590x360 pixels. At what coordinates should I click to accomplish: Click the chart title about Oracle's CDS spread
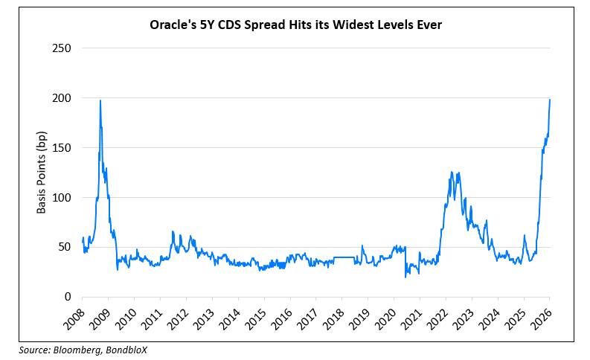click(x=295, y=25)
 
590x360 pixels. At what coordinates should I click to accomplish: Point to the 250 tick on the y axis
click(x=61, y=48)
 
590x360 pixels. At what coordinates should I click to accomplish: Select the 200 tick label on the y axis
click(x=61, y=98)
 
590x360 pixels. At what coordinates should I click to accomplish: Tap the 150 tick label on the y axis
click(x=61, y=148)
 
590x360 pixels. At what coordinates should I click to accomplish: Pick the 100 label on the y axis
click(x=61, y=198)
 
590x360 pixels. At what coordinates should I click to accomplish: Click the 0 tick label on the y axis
click(x=67, y=297)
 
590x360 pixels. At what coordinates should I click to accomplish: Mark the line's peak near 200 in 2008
click(x=100, y=100)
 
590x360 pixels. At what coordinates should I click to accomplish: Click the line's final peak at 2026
click(x=550, y=100)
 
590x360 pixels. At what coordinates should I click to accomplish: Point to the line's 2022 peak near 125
click(x=452, y=173)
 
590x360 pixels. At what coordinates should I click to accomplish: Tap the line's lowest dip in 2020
click(x=405, y=277)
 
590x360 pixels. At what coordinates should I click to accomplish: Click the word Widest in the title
click(x=359, y=25)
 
